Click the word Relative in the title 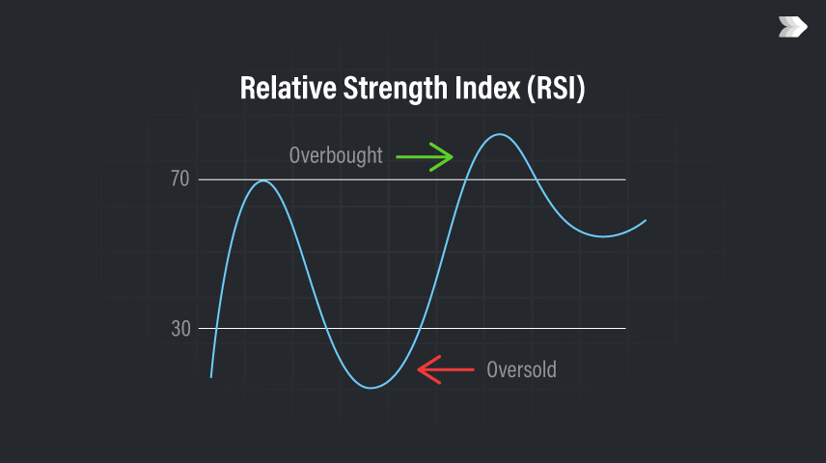click(x=289, y=88)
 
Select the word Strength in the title click(x=396, y=89)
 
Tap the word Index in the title click(x=488, y=88)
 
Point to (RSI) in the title click(x=556, y=88)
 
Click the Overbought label click(x=336, y=155)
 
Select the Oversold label click(x=521, y=369)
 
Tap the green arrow click(x=425, y=157)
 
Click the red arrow click(x=446, y=369)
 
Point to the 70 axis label click(x=180, y=179)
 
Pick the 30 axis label click(x=180, y=329)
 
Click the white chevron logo click(x=793, y=27)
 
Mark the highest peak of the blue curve click(x=499, y=134)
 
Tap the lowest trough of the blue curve click(x=371, y=388)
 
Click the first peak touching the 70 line click(x=262, y=180)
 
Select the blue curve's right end click(x=646, y=221)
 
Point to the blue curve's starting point click(x=211, y=377)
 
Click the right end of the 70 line click(x=625, y=179)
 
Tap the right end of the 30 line click(x=625, y=328)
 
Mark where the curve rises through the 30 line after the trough click(x=420, y=328)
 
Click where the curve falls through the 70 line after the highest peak click(x=537, y=179)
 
